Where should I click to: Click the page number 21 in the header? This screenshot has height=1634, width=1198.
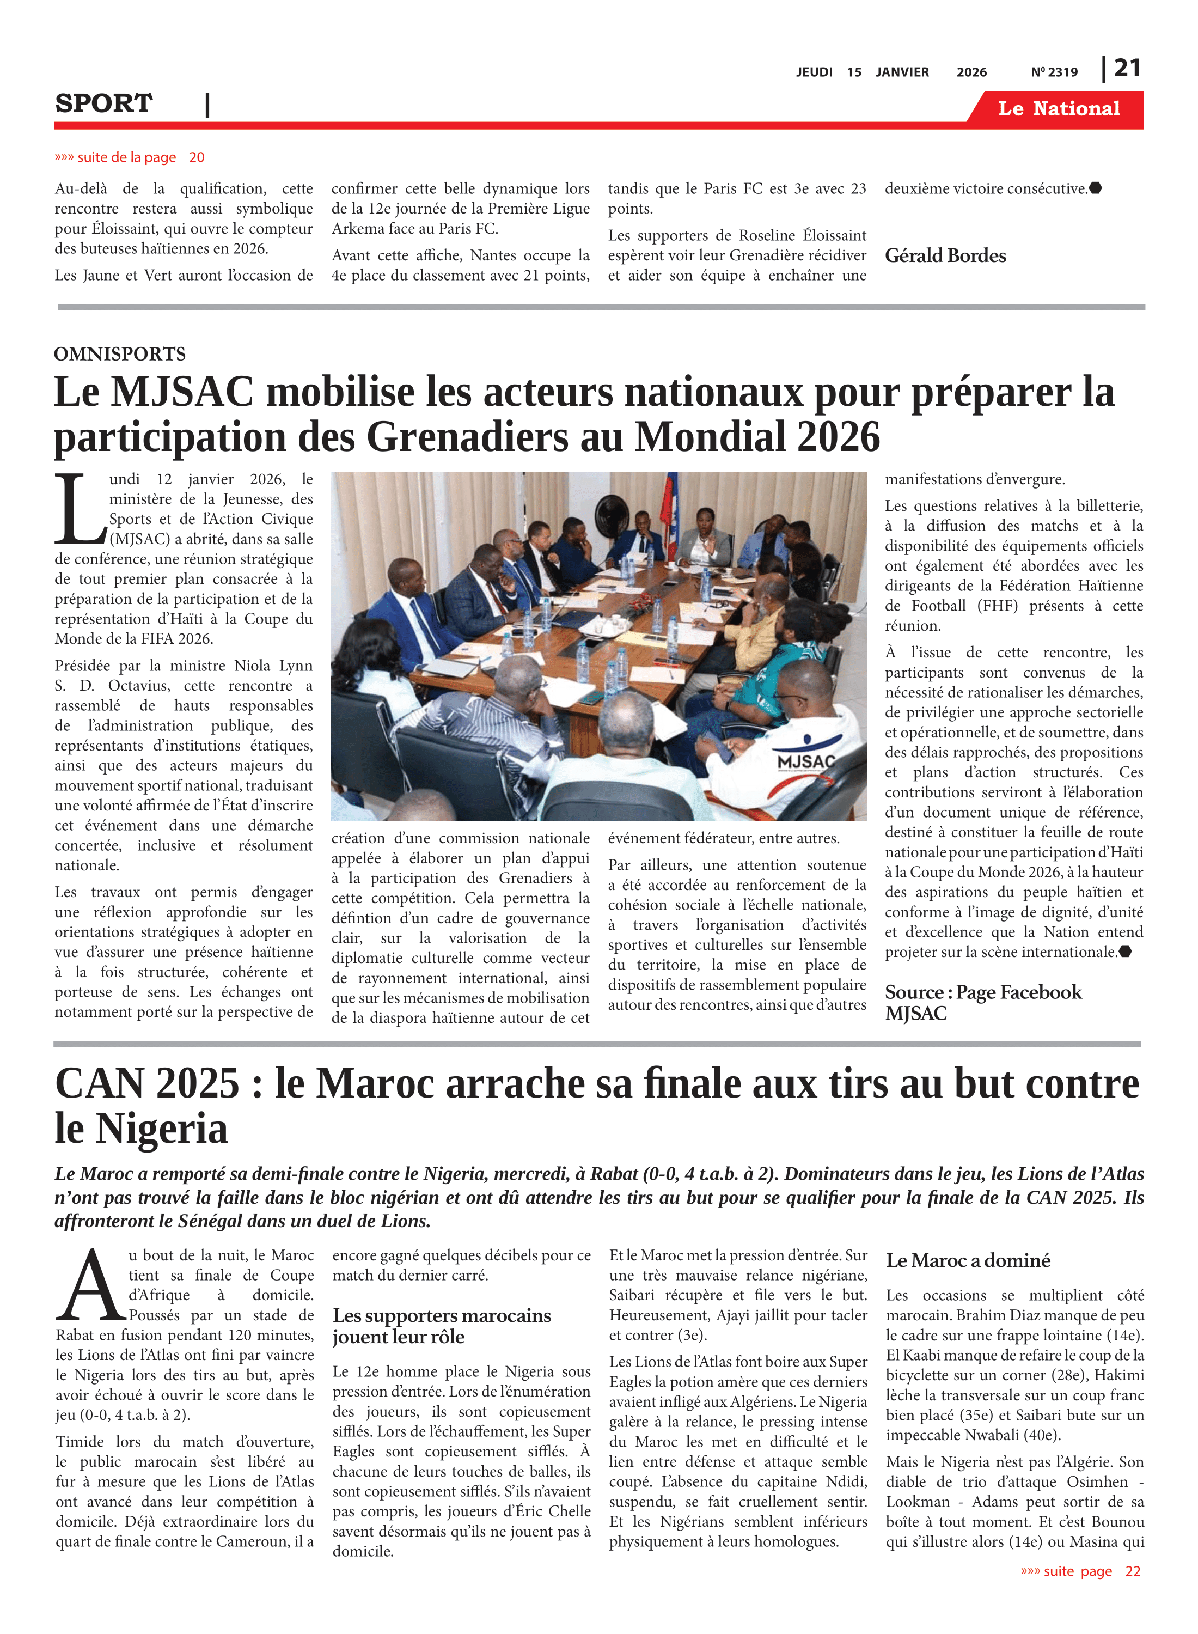[1127, 68]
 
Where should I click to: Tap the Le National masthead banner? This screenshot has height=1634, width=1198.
[1058, 109]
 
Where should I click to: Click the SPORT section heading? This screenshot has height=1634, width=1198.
[103, 103]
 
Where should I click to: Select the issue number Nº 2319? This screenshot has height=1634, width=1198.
[1054, 72]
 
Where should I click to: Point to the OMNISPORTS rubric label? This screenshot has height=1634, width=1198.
[120, 354]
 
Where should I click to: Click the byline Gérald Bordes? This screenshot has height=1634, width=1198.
[945, 256]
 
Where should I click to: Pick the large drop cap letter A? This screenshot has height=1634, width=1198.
[90, 1286]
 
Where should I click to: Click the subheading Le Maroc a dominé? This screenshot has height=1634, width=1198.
[968, 1260]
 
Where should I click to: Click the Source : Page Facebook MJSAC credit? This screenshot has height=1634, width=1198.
[982, 1002]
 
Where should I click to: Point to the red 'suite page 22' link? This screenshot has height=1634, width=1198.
[1080, 1571]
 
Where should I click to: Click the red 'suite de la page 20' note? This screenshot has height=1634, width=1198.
[130, 157]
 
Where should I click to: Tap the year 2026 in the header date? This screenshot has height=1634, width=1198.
[971, 72]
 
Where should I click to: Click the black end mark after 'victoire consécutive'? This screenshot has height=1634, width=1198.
[1096, 188]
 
